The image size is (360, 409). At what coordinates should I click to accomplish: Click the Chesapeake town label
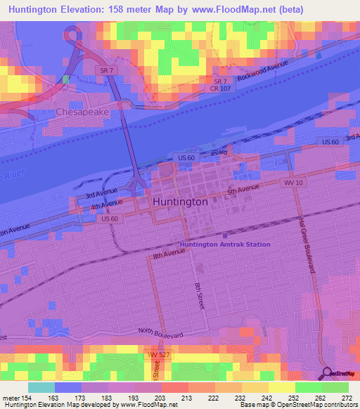[82, 112]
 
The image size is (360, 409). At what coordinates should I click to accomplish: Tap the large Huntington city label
[180, 201]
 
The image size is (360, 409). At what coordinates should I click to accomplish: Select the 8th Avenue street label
[169, 256]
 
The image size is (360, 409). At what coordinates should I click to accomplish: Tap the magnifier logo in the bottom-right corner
[326, 373]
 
